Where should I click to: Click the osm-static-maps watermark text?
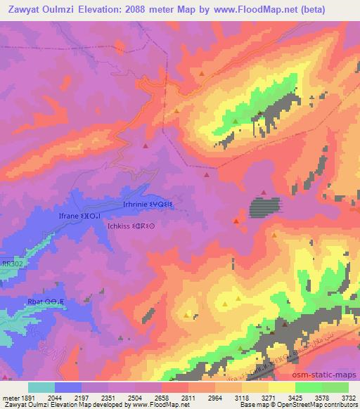pyautogui.click(x=325, y=372)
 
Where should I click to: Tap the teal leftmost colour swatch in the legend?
pyautogui.click(x=41, y=387)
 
